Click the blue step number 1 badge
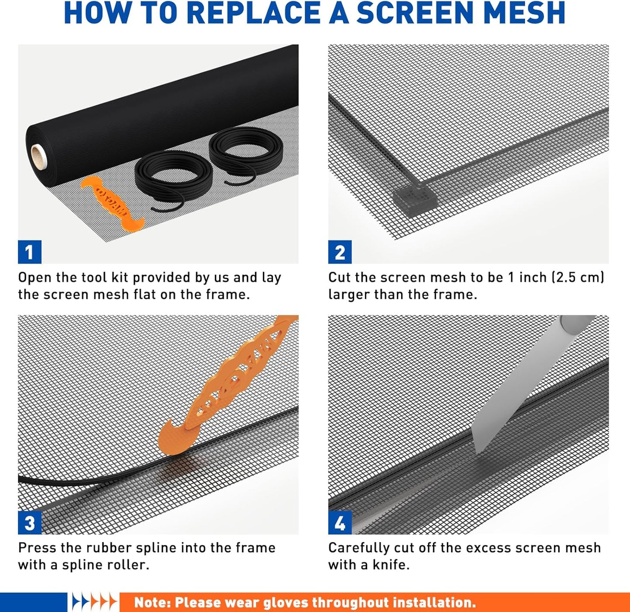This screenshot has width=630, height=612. click(x=30, y=252)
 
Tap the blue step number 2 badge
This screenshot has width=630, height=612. click(x=340, y=252)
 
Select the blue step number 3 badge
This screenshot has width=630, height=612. click(x=30, y=523)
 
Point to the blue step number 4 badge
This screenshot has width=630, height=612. click(x=340, y=523)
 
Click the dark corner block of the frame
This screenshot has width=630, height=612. click(x=415, y=200)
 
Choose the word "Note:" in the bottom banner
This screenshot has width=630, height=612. click(x=152, y=602)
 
